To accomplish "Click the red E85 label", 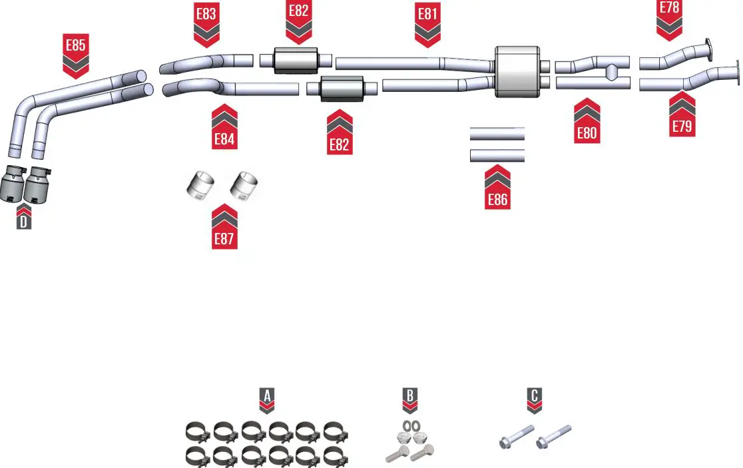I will (x=75, y=46).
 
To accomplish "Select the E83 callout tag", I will (x=206, y=14).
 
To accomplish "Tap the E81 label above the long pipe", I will (x=427, y=14).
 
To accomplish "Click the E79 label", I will (x=682, y=126).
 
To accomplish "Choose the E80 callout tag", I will (x=587, y=132).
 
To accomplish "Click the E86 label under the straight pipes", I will (x=497, y=199).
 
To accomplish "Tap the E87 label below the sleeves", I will (x=224, y=238).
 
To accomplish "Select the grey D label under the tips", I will (x=23, y=222).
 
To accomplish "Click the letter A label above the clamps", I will (x=266, y=395).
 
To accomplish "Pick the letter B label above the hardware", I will (x=410, y=395).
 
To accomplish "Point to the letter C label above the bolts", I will (x=534, y=395).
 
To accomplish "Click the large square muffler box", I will (x=517, y=72).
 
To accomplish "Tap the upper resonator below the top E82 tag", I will (x=296, y=61).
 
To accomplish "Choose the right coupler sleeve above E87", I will (x=245, y=186).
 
